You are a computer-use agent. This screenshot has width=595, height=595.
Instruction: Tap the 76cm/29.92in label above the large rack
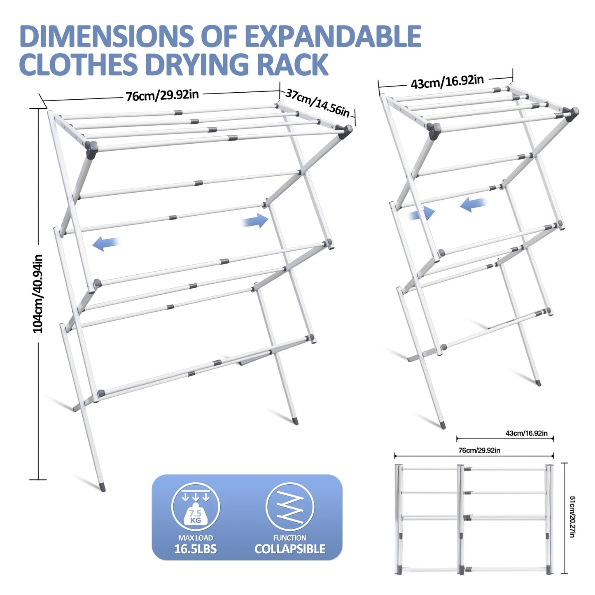(162, 96)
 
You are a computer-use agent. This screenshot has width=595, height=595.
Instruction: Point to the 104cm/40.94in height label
(38, 293)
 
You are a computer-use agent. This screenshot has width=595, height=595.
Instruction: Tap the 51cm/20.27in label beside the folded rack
(572, 516)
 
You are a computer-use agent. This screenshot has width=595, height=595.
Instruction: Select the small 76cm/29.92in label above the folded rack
(479, 450)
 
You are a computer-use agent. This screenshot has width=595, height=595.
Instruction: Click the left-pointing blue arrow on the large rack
(106, 243)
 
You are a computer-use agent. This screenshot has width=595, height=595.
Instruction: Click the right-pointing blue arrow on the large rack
(255, 221)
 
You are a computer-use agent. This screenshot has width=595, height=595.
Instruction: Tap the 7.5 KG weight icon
(196, 507)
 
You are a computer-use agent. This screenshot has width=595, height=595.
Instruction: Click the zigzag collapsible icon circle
(290, 507)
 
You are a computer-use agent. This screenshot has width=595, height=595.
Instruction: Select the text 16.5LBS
(195, 549)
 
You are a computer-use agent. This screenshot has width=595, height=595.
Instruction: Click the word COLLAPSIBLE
(290, 549)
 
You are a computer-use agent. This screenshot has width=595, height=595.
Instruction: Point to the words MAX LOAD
(196, 538)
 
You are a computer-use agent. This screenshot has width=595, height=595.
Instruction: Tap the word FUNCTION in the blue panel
(290, 538)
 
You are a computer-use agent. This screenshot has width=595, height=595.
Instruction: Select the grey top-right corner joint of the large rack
(345, 131)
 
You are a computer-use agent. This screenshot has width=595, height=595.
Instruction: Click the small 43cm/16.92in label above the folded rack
(526, 433)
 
